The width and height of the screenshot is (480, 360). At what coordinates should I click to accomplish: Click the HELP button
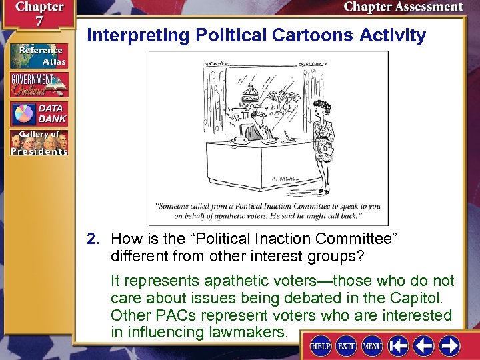point(321,345)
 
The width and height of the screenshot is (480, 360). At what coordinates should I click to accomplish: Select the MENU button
point(371,345)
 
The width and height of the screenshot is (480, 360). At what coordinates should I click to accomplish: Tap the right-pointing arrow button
point(449,345)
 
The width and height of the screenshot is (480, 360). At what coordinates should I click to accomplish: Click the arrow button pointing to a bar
point(399,345)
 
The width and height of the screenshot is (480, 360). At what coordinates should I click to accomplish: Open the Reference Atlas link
point(38,56)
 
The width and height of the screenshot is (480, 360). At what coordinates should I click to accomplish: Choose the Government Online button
point(38,85)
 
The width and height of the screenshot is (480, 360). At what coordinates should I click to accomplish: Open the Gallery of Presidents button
point(38,143)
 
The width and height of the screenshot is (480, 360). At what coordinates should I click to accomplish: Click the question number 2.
point(97,239)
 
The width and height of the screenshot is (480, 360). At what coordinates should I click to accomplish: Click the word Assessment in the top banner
point(429,7)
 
